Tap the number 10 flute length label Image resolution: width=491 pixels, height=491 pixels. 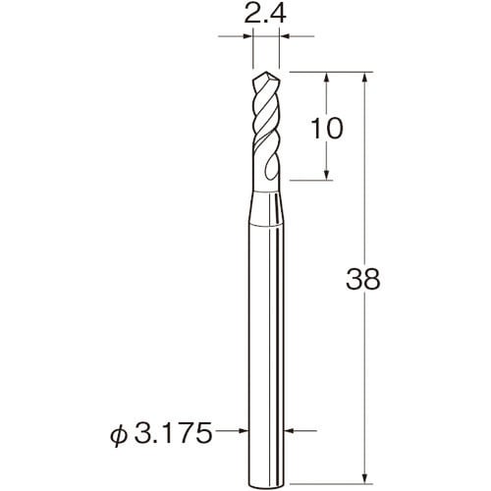[x=326, y=129]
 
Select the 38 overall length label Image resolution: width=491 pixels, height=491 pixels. [x=363, y=279]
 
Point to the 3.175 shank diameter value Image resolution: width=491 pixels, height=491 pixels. [x=173, y=433]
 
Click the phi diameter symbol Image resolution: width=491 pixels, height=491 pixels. [x=119, y=434]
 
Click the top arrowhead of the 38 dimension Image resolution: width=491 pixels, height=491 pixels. [x=365, y=78]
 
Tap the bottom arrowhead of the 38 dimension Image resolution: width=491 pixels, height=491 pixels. [x=365, y=477]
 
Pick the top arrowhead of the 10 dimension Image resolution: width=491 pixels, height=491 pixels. [x=326, y=78]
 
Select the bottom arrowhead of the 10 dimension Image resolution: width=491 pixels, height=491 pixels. [x=326, y=174]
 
